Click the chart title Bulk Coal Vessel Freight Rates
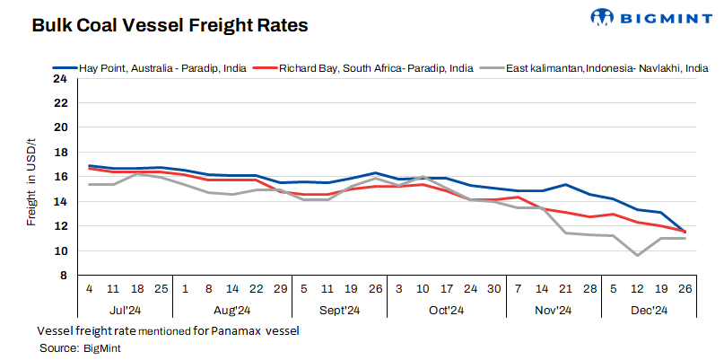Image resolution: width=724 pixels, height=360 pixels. pos(170,26)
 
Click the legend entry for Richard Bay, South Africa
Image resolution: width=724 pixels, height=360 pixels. pos(376,67)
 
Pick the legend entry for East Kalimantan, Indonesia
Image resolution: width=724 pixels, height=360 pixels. pos(601,67)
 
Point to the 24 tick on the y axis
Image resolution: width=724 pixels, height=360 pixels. pos(60,78)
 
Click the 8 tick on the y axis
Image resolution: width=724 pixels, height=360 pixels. pos(63,276)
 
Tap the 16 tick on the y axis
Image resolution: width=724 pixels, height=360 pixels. pos(60,177)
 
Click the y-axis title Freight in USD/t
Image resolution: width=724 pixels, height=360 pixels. pos(31,177)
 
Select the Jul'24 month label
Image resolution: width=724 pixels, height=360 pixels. pos(124,311)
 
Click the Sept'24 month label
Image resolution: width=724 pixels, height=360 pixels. pos(339,311)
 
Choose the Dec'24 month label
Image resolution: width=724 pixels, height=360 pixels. pos(648,311)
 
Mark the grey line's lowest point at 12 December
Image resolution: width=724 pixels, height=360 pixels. pos(637,255)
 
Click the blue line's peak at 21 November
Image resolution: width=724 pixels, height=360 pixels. pos(567,185)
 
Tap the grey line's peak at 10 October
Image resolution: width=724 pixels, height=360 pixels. pos(422,178)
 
